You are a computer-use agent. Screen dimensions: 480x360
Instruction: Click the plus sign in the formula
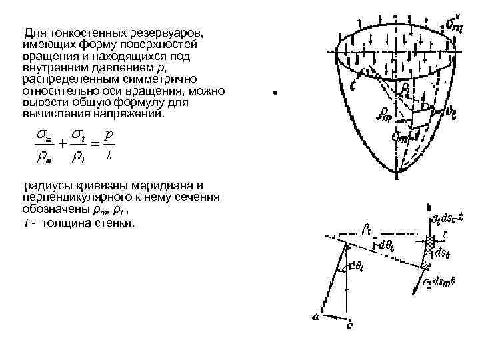click(x=61, y=143)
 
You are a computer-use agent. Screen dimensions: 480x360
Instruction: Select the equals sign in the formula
click(x=95, y=143)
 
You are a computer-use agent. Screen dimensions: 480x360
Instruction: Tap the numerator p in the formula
click(x=109, y=135)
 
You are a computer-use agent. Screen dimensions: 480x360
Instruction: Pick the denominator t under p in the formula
click(x=109, y=156)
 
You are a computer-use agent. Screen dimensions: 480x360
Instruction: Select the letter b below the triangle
click(x=349, y=326)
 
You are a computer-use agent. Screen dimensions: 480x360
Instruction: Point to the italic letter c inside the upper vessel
click(x=353, y=85)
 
